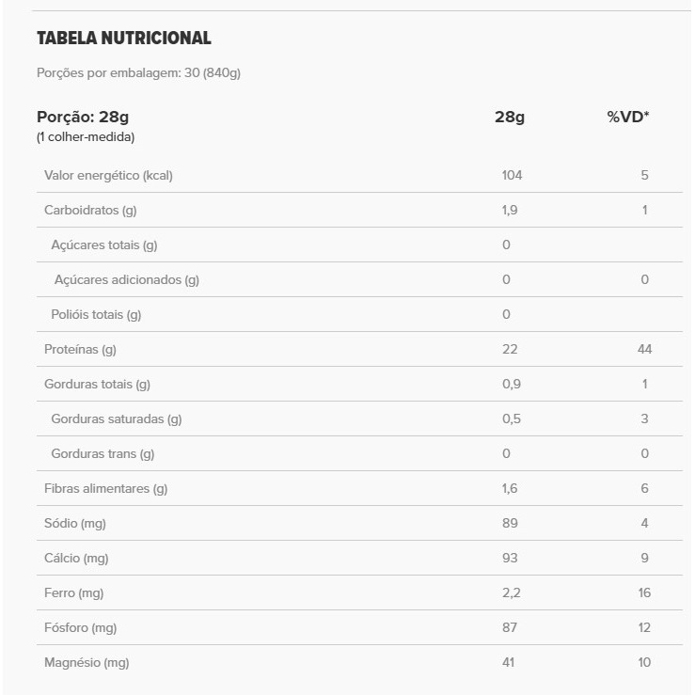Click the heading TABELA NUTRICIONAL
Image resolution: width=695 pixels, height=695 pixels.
(123, 39)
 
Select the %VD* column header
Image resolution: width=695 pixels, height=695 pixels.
(628, 118)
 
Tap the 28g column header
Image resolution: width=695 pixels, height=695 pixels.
(509, 118)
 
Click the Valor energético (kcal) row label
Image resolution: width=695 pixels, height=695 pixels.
(108, 176)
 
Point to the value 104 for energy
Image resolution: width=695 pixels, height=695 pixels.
(512, 176)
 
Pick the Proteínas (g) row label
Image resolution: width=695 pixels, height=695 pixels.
(80, 350)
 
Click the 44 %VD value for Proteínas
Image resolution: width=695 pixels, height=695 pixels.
(644, 350)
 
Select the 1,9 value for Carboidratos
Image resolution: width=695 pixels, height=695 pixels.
(510, 211)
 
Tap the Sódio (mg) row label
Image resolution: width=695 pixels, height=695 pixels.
(73, 524)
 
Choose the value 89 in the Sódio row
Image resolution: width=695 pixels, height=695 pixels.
(509, 524)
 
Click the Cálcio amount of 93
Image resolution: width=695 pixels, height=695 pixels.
(509, 559)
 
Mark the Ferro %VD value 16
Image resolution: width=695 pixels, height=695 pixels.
(644, 593)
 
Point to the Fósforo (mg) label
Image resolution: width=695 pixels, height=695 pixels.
(80, 628)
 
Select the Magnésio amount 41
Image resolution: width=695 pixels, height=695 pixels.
(509, 663)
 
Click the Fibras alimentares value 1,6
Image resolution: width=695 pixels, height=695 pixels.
(510, 489)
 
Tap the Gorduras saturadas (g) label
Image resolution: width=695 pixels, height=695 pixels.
(116, 419)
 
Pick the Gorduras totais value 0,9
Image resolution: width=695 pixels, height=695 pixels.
(511, 385)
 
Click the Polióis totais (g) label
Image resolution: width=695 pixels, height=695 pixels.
(96, 315)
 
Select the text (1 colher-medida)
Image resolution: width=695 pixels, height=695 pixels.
(86, 137)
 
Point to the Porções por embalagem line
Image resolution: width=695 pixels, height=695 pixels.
(138, 72)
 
